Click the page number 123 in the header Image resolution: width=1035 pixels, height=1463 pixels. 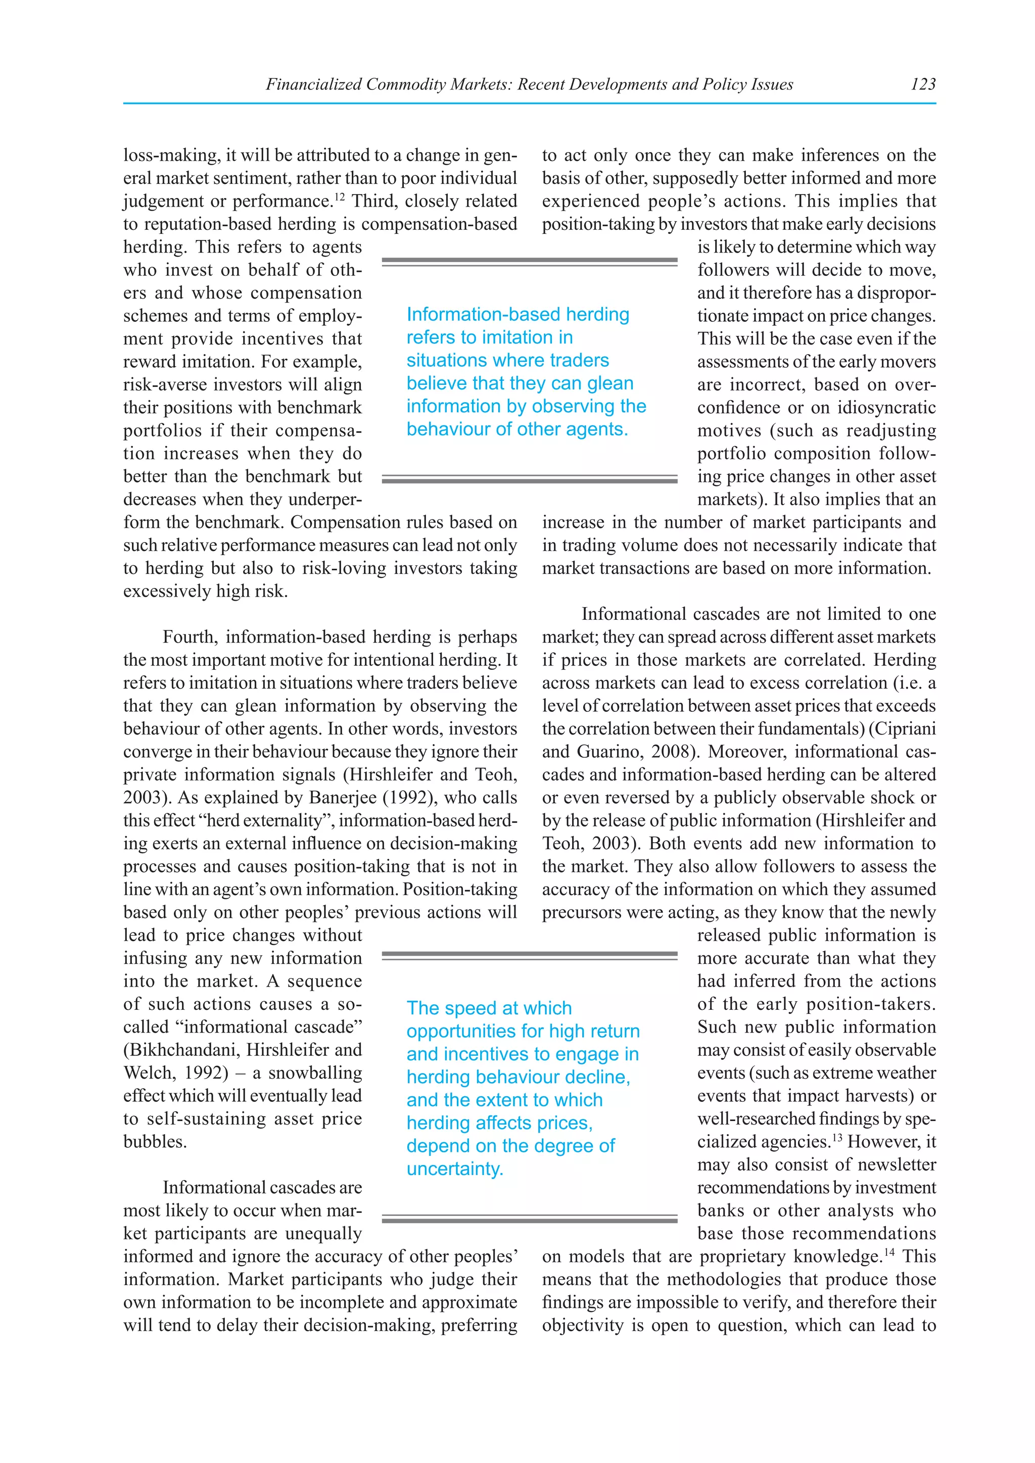tap(923, 84)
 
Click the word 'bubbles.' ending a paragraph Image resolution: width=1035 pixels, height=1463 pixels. tap(155, 1142)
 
